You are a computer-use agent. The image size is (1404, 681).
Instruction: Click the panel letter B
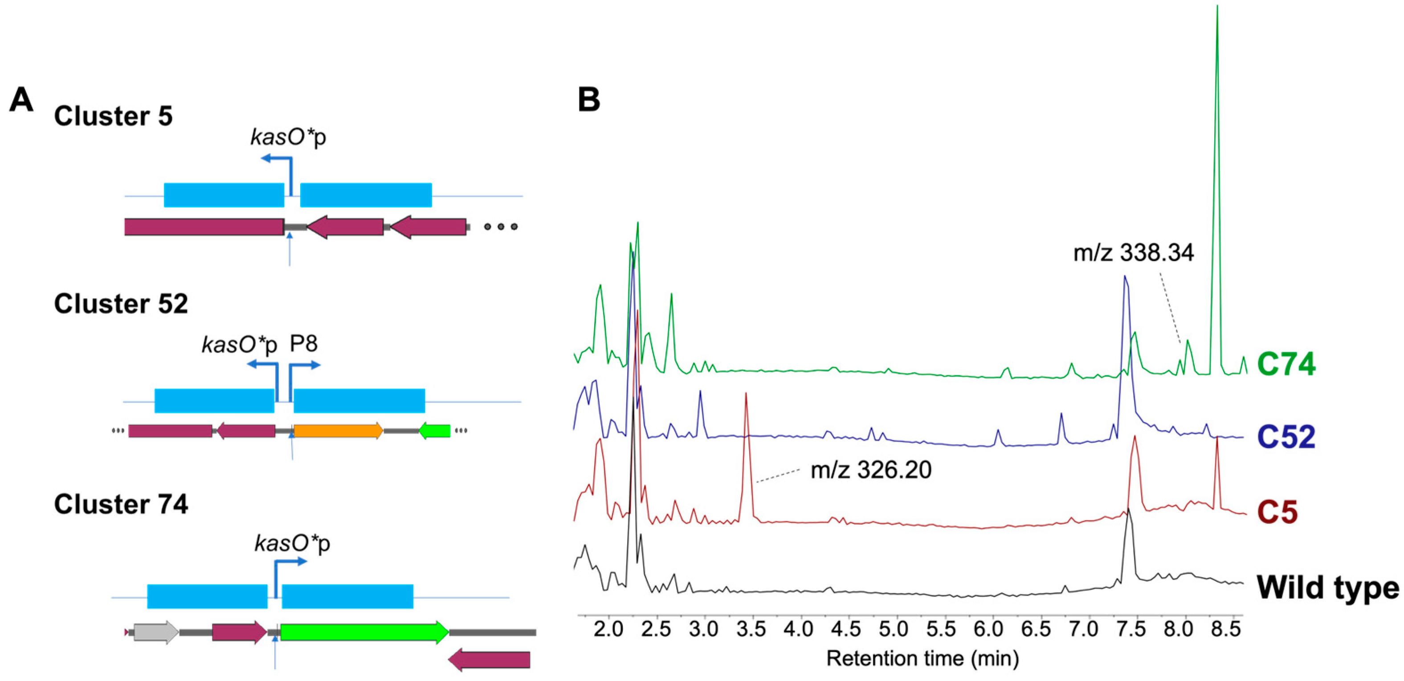coord(588,100)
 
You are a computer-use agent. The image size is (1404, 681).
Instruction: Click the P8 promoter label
coord(304,344)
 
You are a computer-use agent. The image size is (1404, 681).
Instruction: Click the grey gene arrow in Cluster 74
coord(156,632)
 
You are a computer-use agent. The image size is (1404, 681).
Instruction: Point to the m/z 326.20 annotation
coord(871,470)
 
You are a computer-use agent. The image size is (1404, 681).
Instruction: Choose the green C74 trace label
coord(1286,364)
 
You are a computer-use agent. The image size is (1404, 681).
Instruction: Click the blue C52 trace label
coord(1286,437)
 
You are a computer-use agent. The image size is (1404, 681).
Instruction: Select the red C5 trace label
coord(1277,512)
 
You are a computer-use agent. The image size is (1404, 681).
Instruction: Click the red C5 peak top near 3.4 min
coord(746,394)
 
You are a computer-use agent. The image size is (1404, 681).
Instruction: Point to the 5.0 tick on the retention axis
coord(893,630)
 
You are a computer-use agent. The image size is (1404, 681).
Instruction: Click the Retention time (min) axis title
coord(922,659)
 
